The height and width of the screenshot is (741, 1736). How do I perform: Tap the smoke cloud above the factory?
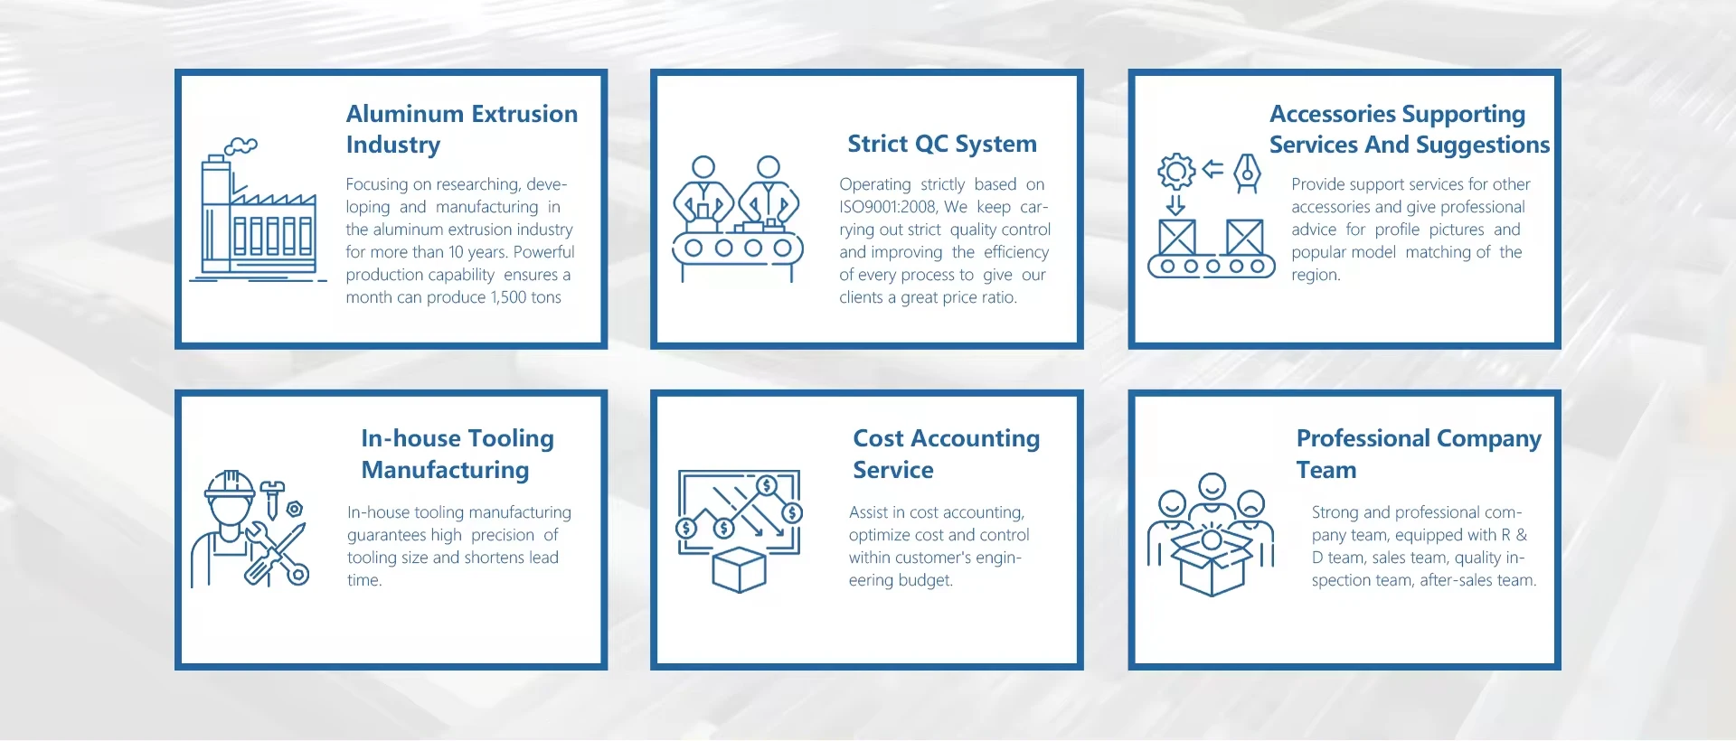241,145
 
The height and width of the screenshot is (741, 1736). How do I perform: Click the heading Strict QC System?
941,144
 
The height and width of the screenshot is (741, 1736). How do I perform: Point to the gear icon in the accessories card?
1176,171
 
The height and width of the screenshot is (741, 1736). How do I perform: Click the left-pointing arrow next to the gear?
1212,169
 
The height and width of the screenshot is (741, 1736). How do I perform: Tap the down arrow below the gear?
1175,204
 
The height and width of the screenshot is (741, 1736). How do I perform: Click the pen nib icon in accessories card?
1248,172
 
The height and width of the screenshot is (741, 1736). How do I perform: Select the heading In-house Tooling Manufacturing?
457,454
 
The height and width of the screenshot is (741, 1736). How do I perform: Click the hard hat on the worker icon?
230,486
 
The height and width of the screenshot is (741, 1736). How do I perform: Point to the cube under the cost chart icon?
739,569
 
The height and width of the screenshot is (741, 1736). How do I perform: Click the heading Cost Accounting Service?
946,454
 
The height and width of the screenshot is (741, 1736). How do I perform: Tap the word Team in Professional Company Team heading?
1326,470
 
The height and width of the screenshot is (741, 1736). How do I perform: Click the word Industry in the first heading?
392,145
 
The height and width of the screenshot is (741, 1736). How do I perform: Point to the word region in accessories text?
1315,275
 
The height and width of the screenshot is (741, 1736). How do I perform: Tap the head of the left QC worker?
703,167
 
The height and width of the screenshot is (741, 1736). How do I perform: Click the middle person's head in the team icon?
1212,486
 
